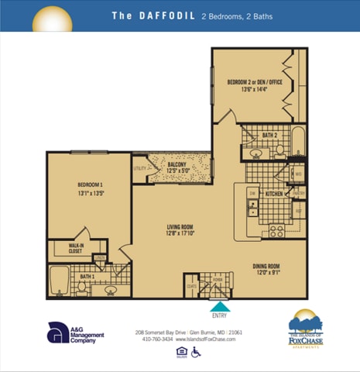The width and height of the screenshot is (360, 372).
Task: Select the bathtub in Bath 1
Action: point(59,281)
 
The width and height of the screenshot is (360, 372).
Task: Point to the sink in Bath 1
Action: point(111,291)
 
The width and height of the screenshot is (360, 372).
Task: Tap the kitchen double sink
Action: point(253,207)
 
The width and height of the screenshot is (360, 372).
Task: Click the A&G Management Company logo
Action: point(75,333)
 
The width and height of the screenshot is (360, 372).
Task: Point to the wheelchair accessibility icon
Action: point(196,353)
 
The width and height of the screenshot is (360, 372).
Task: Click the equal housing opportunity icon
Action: point(181,353)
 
